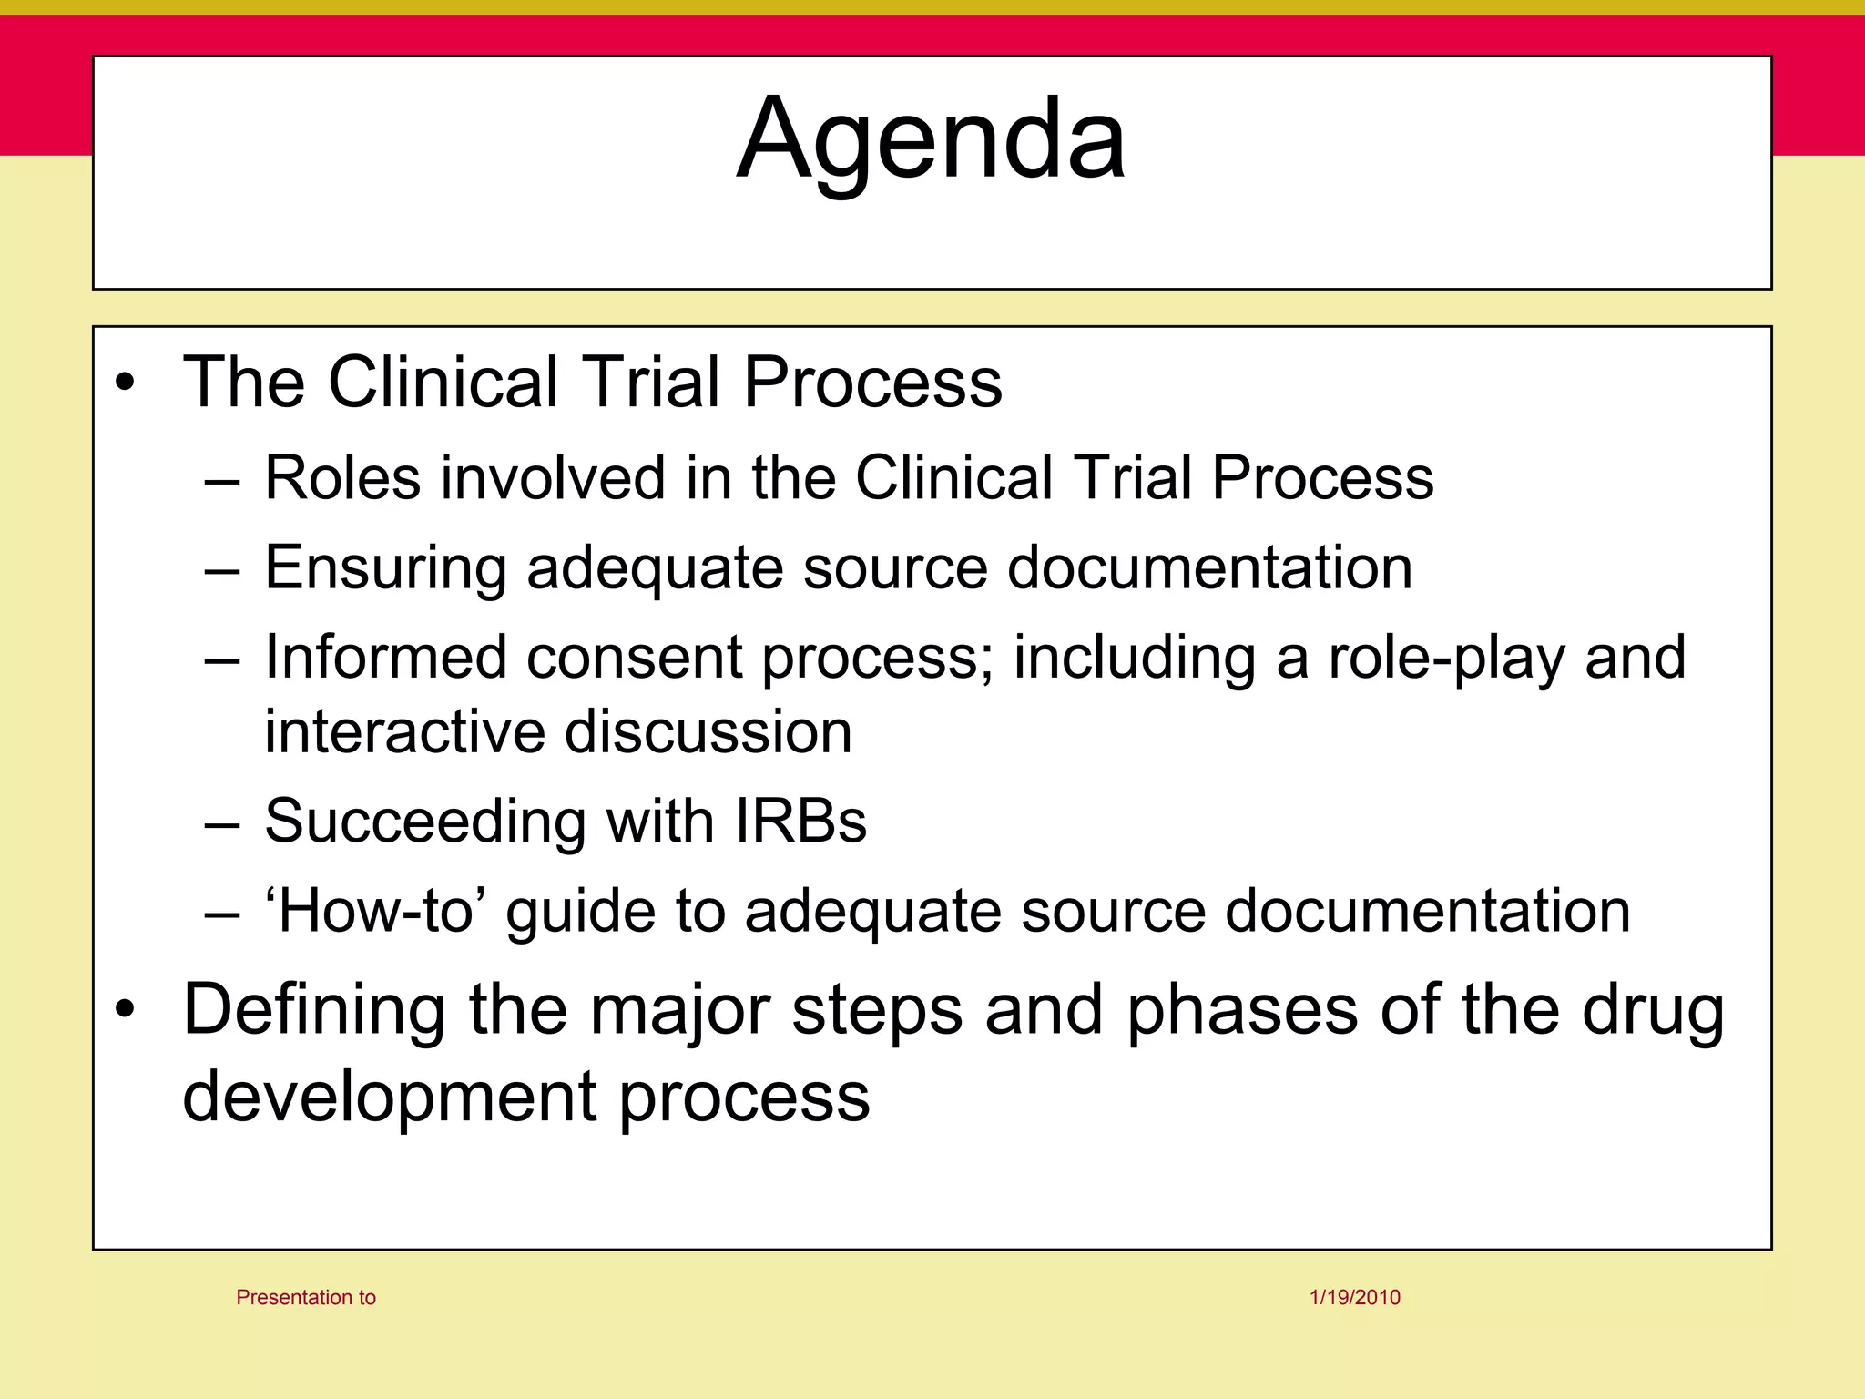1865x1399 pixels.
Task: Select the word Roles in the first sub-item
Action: point(342,477)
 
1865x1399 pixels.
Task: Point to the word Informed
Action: point(384,657)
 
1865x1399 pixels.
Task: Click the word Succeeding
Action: point(424,822)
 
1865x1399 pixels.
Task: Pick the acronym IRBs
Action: point(800,821)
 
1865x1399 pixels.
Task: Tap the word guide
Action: point(580,912)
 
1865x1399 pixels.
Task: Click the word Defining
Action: point(314,1010)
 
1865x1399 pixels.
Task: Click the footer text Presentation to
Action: point(306,1297)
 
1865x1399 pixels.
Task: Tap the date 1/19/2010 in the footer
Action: point(1354,1297)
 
